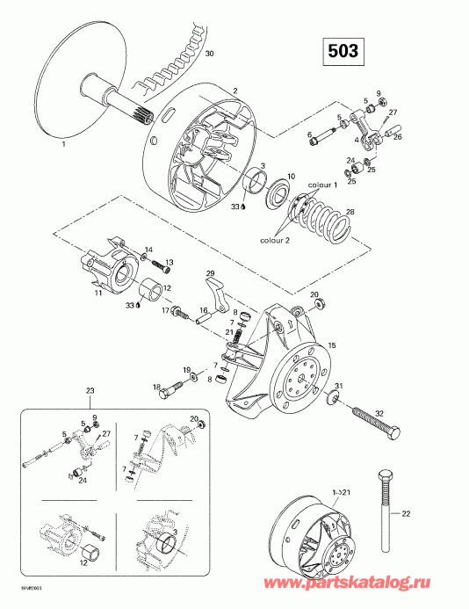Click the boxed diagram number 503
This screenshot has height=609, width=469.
pos(343,51)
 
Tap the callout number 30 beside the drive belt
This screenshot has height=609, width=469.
pos(208,54)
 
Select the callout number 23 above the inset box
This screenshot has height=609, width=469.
pos(90,389)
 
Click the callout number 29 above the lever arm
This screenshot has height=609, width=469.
pos(211,273)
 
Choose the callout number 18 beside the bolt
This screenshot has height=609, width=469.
pos(156,387)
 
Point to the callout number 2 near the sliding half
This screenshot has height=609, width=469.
pos(234,91)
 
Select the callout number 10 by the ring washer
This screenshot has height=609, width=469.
pos(292,176)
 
